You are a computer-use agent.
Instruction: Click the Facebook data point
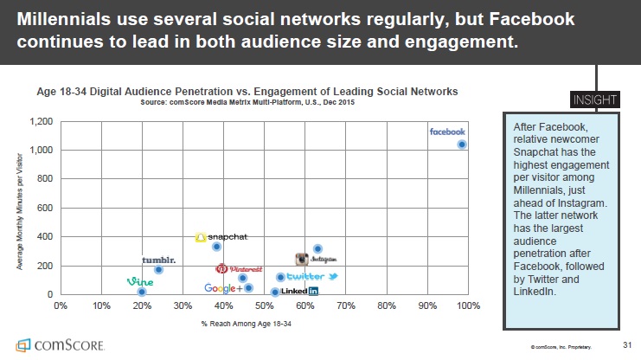tap(462, 145)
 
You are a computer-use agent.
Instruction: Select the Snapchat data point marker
tap(216, 247)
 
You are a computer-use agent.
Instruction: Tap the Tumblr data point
tap(158, 269)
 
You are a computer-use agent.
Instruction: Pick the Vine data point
tap(142, 292)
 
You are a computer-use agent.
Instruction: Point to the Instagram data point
tap(317, 249)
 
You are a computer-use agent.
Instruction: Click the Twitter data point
tap(280, 277)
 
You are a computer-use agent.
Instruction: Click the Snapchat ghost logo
tap(200, 237)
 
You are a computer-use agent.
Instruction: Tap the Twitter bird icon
tap(332, 276)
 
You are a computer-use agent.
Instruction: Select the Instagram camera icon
tap(301, 259)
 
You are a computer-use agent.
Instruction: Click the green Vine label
tap(139, 281)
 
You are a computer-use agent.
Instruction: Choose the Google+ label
tap(223, 288)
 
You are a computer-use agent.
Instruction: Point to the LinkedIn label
tap(300, 292)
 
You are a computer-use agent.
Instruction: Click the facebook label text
tap(448, 132)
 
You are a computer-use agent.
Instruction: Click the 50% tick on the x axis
tap(264, 305)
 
